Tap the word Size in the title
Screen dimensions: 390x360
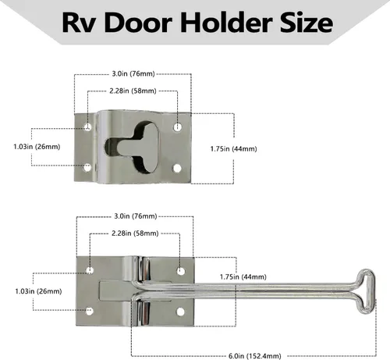pyautogui.click(x=307, y=23)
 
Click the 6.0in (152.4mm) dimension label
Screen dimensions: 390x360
pyautogui.click(x=255, y=355)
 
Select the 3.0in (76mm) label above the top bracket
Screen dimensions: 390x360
pyautogui.click(x=133, y=73)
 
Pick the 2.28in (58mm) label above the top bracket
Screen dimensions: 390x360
pyautogui.click(x=133, y=91)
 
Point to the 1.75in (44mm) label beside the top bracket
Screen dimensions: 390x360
pyautogui.click(x=233, y=149)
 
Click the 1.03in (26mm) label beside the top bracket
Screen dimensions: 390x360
pyautogui.click(x=37, y=147)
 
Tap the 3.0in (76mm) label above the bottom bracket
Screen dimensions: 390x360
pyautogui.click(x=136, y=216)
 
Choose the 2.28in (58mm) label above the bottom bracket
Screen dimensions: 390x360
pyautogui.click(x=135, y=233)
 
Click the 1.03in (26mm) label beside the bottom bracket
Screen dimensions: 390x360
pyautogui.click(x=38, y=291)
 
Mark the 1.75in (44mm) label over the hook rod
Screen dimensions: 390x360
pyautogui.click(x=243, y=276)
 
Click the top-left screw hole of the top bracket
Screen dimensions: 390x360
pyautogui.click(x=88, y=127)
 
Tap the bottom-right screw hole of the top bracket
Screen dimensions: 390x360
pyautogui.click(x=177, y=169)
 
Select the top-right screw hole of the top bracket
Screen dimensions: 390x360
pyautogui.click(x=178, y=127)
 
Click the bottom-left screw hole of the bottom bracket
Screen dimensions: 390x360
pyautogui.click(x=90, y=311)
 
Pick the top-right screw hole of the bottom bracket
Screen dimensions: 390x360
pyautogui.click(x=181, y=271)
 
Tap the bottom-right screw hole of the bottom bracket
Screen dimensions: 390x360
pyautogui.click(x=180, y=312)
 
